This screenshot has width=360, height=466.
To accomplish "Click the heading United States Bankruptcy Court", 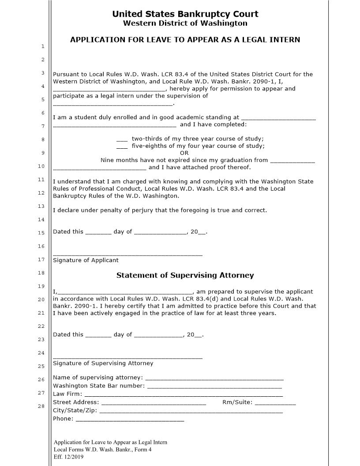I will (x=185, y=14).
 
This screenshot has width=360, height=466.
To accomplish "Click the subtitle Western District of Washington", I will (x=185, y=23).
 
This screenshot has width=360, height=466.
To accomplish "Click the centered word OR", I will (x=184, y=153).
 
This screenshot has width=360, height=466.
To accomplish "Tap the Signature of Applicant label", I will (x=86, y=260).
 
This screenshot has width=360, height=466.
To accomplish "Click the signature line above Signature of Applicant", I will (x=127, y=255).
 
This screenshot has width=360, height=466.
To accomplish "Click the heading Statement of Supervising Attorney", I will (x=185, y=275).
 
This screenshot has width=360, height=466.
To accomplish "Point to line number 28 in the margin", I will (x=42, y=406).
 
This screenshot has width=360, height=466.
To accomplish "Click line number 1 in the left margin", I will (x=42, y=46).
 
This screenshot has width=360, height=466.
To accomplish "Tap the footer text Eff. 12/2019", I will (x=68, y=457).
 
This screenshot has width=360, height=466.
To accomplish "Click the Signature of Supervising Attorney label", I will (x=103, y=364).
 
